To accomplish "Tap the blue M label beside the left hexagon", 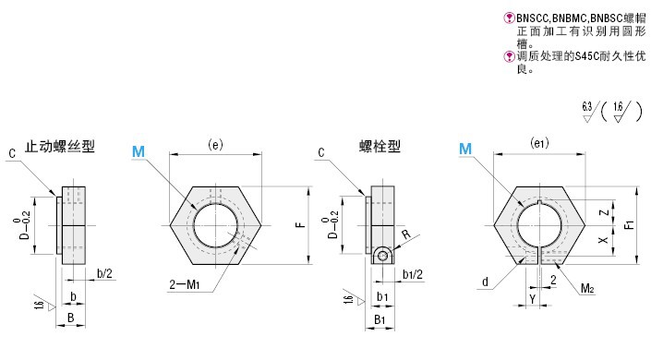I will tap(139, 150).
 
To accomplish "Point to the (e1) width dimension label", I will tap(540, 144).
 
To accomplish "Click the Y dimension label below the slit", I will tap(534, 298).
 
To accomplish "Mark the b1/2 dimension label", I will tap(413, 274).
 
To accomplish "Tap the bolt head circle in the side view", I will tap(382, 256).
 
